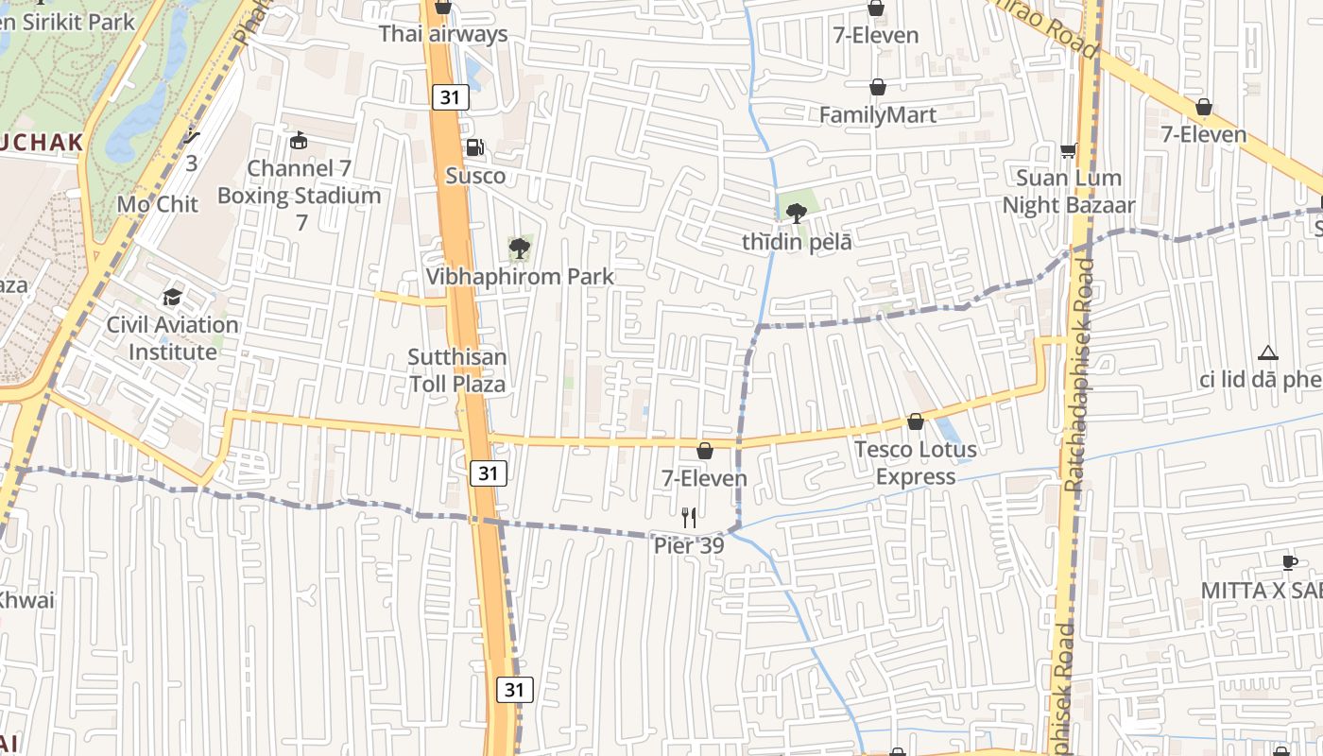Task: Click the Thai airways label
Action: (443, 34)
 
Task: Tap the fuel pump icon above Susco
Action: (475, 147)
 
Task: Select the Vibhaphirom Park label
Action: (519, 277)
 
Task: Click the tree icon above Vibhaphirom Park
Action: (519, 249)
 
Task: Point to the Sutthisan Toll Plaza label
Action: (457, 370)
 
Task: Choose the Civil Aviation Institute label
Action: (172, 338)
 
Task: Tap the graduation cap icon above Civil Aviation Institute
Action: (172, 298)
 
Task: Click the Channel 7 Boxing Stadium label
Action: (299, 182)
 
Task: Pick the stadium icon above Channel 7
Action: (299, 142)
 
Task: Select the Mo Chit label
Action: (157, 204)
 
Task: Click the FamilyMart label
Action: (878, 115)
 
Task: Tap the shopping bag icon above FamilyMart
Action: (878, 87)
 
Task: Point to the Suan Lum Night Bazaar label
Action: (1069, 191)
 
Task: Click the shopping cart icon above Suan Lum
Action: (1069, 150)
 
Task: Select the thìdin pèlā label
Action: (797, 242)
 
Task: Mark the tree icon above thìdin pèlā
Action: (797, 213)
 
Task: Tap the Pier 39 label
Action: (689, 546)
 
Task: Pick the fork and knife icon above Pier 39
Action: (689, 517)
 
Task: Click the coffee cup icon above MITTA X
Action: (1289, 563)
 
